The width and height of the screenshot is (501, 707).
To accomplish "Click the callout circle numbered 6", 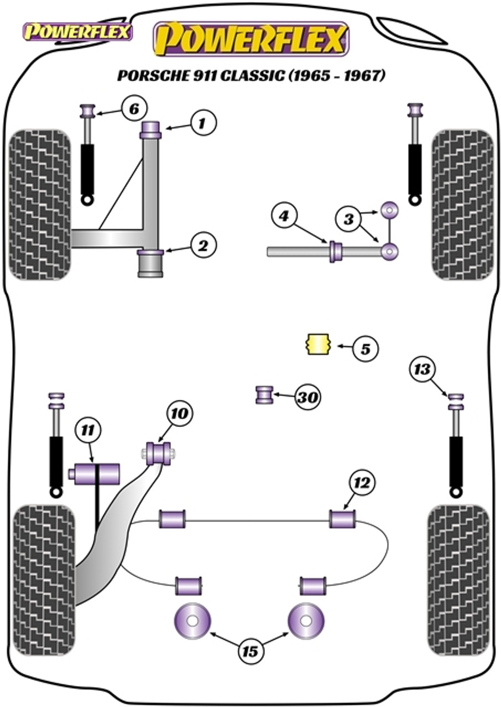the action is click(x=134, y=109).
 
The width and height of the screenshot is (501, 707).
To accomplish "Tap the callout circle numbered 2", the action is click(x=203, y=246).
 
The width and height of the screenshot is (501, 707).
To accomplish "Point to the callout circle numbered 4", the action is click(x=284, y=217).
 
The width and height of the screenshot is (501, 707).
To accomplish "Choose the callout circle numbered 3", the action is click(x=349, y=219).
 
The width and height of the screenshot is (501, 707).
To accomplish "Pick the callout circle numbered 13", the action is click(x=422, y=370).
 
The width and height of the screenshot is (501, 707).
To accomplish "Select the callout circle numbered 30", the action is click(x=307, y=397).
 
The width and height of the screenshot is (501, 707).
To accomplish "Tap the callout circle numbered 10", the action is click(x=179, y=414).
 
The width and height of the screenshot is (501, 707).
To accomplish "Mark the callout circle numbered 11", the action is click(x=87, y=430).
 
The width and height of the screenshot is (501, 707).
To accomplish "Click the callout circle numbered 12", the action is click(x=362, y=483).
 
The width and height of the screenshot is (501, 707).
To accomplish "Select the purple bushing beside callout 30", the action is click(x=264, y=395).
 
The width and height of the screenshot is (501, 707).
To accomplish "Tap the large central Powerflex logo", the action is click(x=252, y=39).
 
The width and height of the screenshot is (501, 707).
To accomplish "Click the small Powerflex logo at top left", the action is click(x=76, y=32).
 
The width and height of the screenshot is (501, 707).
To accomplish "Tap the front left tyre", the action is click(x=40, y=205).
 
